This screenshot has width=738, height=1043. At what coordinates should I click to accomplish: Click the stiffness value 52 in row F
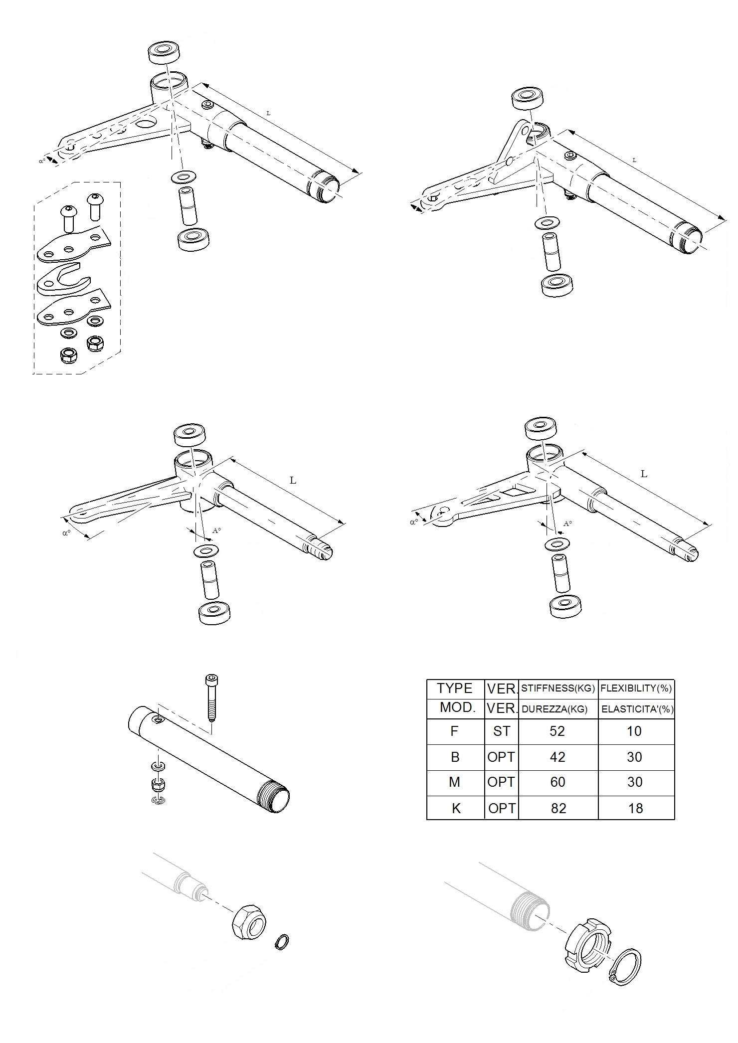tap(557, 731)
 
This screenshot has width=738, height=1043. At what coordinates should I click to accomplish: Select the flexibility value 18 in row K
tap(635, 808)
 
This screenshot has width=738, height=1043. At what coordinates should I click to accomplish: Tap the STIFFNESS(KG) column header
tap(558, 689)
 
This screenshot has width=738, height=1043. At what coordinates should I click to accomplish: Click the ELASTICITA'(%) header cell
tap(637, 709)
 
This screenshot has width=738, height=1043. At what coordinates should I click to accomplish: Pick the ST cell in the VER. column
tap(501, 731)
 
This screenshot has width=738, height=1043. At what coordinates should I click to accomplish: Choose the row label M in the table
tap(454, 782)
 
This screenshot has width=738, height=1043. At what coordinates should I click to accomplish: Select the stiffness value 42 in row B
tap(557, 757)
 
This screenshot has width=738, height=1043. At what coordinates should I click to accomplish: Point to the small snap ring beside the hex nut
tap(282, 942)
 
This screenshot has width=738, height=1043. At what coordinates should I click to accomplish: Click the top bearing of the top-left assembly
tap(164, 52)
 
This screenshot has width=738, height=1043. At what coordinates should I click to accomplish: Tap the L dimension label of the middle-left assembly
tap(293, 481)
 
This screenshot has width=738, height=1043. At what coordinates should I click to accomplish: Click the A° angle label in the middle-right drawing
tap(567, 523)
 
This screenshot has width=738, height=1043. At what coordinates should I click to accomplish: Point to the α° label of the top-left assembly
tap(42, 161)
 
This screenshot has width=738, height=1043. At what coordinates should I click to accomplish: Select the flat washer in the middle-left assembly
tap(206, 551)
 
